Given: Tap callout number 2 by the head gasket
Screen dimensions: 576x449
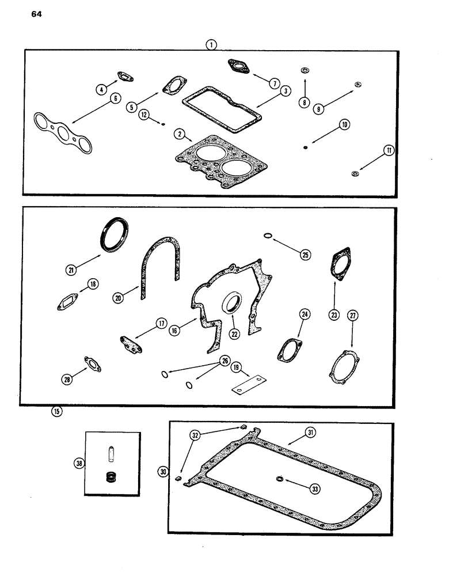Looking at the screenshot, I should (180, 134).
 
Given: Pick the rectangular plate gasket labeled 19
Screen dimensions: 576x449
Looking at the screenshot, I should (247, 384).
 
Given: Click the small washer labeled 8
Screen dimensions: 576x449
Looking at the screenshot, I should (303, 71).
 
